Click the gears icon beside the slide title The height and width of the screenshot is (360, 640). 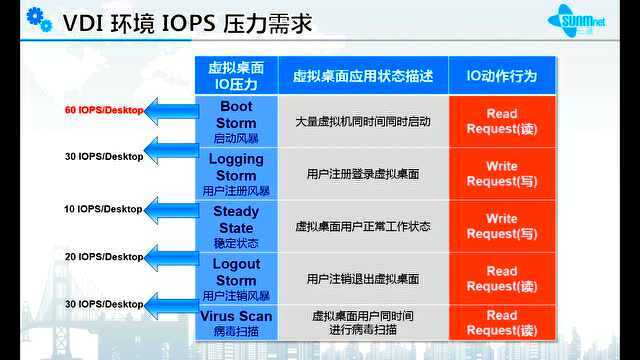coord(21,20)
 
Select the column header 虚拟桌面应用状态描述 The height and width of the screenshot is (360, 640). coord(363,75)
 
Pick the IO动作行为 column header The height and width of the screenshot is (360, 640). coord(501,75)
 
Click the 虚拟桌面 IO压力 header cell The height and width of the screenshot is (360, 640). coord(236,75)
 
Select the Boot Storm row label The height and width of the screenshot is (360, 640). coord(236,121)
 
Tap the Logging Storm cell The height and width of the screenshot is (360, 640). coord(236,173)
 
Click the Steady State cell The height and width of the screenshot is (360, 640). coord(236,226)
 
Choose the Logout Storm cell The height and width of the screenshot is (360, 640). coord(236,278)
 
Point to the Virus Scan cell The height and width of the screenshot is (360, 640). coord(236,322)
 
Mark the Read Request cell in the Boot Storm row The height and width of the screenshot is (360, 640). coord(501,121)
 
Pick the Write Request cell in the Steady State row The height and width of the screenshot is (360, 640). coord(501,226)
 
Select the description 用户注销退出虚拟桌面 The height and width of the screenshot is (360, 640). coord(363,278)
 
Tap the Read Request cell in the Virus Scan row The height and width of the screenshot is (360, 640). coord(501,322)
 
